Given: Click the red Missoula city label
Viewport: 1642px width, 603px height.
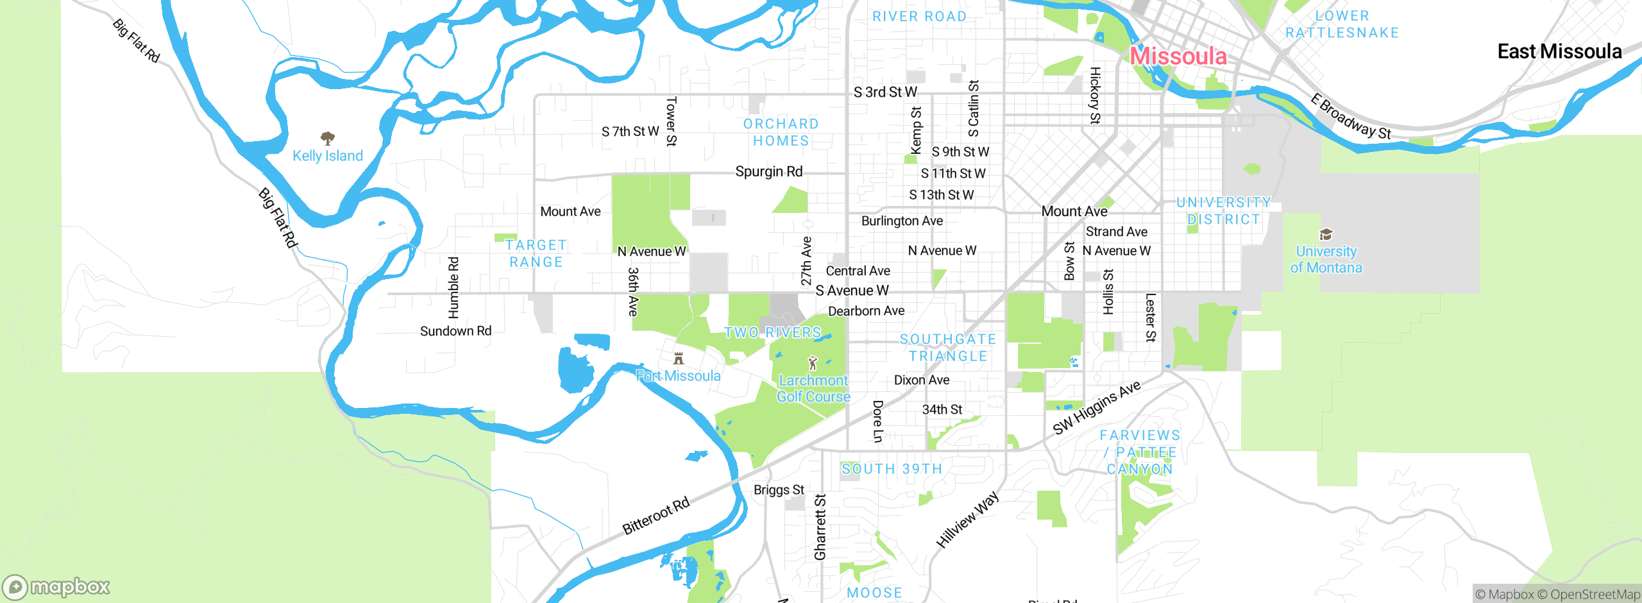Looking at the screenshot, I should pyautogui.click(x=1178, y=56).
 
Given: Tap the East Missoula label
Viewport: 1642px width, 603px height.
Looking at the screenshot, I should pyautogui.click(x=1559, y=51).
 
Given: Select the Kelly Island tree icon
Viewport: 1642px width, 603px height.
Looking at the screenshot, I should pyautogui.click(x=328, y=138).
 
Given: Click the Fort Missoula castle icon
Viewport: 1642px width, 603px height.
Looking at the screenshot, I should pyautogui.click(x=679, y=358).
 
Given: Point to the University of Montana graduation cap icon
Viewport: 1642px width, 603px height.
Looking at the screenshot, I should pyautogui.click(x=1326, y=234).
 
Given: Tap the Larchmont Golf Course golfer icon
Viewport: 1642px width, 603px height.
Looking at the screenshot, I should pyautogui.click(x=813, y=363).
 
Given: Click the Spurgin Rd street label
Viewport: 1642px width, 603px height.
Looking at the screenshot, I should pyautogui.click(x=768, y=172).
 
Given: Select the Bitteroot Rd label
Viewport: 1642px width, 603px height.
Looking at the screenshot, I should pyautogui.click(x=656, y=516).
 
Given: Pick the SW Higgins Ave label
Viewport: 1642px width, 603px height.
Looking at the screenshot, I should pyautogui.click(x=1097, y=407).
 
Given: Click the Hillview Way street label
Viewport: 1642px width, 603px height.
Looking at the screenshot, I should pyautogui.click(x=967, y=520).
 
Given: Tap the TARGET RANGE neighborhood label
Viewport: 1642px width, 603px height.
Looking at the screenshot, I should pyautogui.click(x=536, y=253).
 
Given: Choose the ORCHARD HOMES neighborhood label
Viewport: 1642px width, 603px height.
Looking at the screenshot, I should pyautogui.click(x=781, y=132).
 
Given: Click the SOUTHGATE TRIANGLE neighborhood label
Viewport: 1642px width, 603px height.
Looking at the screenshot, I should pyautogui.click(x=947, y=347).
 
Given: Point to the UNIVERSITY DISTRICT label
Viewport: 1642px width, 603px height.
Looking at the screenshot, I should pyautogui.click(x=1223, y=210).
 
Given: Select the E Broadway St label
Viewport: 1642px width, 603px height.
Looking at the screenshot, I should pyautogui.click(x=1350, y=116).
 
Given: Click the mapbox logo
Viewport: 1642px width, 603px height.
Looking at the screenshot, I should pyautogui.click(x=56, y=586).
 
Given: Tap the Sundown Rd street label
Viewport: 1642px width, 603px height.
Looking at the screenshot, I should pyautogui.click(x=455, y=331).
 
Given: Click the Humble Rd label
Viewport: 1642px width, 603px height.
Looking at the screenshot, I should pyautogui.click(x=453, y=287).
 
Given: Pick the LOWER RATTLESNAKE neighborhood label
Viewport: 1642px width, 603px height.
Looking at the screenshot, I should pyautogui.click(x=1342, y=24).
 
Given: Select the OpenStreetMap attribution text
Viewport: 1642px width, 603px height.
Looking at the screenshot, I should pyautogui.click(x=1595, y=595).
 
